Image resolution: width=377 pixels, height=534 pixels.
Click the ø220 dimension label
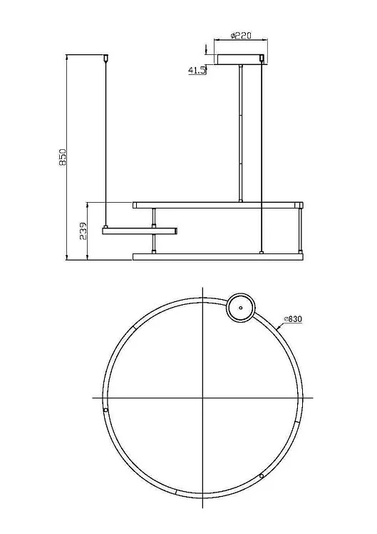tap(241, 36)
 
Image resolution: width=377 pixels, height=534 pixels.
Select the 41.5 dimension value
tap(197, 71)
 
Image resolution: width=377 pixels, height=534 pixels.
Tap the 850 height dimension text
tap(63, 157)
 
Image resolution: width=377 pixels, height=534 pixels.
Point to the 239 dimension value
tap(83, 231)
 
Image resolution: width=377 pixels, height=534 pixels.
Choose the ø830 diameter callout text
tap(293, 319)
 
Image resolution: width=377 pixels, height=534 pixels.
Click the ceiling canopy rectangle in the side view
tap(241, 59)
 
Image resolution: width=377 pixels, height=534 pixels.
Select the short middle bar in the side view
tap(140, 231)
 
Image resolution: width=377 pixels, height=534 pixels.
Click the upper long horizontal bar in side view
tap(218, 205)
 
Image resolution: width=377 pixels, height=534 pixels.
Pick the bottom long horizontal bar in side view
tap(218, 257)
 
